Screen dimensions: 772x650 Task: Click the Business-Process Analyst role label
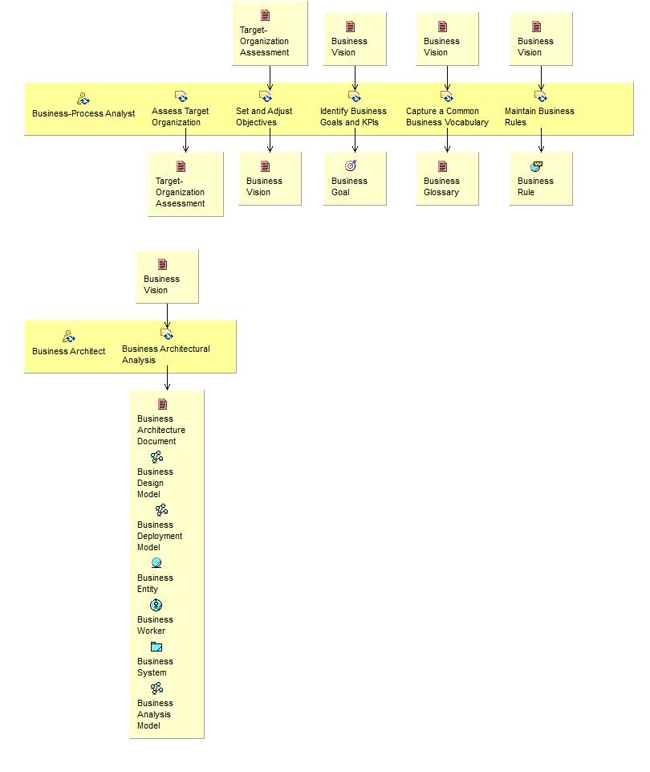[x=83, y=113]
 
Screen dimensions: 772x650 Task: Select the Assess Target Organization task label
[x=180, y=116]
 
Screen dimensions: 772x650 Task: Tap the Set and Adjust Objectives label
[x=264, y=116]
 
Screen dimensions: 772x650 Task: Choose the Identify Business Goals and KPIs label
[x=353, y=116]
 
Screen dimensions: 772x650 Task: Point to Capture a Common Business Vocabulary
[x=447, y=116]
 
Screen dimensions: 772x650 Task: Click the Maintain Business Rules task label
[x=539, y=116]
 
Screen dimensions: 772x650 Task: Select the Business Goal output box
[x=355, y=178]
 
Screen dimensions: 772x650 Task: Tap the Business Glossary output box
[x=447, y=178]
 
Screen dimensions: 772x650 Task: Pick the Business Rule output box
[x=541, y=178]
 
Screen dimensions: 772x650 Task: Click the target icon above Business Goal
[x=351, y=165]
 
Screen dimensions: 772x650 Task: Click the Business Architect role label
[x=68, y=351]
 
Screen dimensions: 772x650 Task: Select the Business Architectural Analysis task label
[x=166, y=354]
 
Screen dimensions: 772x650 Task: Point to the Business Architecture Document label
[x=161, y=430]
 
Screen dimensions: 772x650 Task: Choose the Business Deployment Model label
[x=160, y=536]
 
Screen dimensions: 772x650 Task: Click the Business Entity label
[x=155, y=583]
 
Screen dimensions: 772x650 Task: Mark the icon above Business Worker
[x=156, y=605]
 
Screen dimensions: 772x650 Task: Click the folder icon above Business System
[x=156, y=647]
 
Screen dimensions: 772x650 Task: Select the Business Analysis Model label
[x=154, y=714]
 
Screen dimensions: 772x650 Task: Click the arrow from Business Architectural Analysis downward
[x=167, y=379]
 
